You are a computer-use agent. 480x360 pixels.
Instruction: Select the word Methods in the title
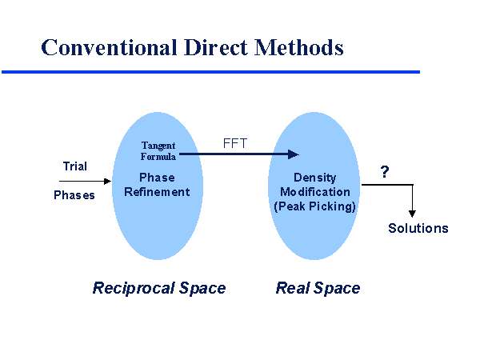299,47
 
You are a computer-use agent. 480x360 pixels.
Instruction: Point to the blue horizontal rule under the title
210,72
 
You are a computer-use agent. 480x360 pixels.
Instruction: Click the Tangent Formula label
158,150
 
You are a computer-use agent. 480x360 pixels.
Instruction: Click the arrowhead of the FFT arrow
294,154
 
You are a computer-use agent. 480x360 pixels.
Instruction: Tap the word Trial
74,166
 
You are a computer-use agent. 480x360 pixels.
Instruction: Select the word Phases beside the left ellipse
74,195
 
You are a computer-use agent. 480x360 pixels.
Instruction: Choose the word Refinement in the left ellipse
157,192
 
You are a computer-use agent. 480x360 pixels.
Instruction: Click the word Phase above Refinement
157,178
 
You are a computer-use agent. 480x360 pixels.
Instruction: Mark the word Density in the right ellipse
314,178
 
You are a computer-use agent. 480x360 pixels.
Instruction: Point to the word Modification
314,192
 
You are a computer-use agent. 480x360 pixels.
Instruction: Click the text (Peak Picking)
314,206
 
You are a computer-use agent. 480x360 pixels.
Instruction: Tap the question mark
385,172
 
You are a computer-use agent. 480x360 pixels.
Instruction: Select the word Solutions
418,228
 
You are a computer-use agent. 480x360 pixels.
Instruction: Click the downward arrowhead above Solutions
412,212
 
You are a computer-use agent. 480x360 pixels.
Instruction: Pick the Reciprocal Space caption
159,288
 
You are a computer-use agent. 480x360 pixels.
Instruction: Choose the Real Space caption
318,288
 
